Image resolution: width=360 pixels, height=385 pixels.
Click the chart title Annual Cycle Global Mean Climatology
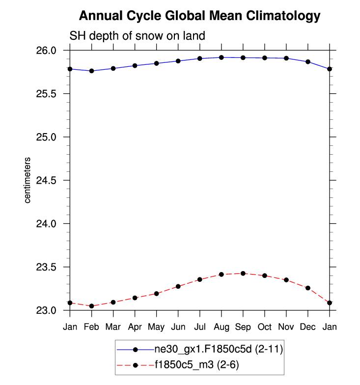click(x=199, y=16)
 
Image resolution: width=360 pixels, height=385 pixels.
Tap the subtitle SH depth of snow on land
click(x=137, y=36)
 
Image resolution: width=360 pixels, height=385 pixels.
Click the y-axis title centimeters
click(x=28, y=180)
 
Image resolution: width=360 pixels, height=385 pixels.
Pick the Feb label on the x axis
click(x=91, y=327)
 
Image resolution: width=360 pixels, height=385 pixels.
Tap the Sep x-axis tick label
click(x=243, y=327)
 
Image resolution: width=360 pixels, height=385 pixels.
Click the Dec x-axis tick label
click(x=308, y=327)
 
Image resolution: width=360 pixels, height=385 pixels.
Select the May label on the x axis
click(x=157, y=327)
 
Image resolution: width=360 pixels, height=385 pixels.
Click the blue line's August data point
click(x=222, y=57)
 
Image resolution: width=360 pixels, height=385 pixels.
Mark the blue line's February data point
click(x=91, y=71)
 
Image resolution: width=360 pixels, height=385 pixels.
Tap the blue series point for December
click(x=308, y=62)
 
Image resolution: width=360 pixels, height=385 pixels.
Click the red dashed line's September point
click(x=243, y=273)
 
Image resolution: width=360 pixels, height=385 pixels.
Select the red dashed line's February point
click(x=91, y=306)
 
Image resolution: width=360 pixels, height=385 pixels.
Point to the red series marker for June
click(x=178, y=286)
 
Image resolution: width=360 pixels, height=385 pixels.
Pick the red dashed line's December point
click(x=308, y=288)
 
